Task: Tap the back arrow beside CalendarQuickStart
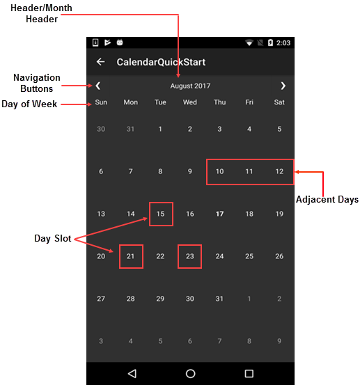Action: (101, 62)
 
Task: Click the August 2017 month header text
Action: (190, 86)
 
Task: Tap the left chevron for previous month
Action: (98, 86)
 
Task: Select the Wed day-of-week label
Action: (190, 102)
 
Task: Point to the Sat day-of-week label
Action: (279, 102)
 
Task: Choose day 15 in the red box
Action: (160, 214)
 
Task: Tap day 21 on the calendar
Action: (130, 256)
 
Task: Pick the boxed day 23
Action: (190, 256)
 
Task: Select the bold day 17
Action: (219, 214)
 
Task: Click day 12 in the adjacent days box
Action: (279, 171)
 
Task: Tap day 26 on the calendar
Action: (279, 256)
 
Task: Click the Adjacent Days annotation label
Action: (327, 200)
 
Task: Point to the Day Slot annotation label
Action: (52, 238)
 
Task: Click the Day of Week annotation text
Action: (29, 104)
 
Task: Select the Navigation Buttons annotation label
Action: (37, 83)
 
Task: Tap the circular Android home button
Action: (190, 374)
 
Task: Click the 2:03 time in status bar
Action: (283, 43)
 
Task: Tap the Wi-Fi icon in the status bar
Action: (249, 42)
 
